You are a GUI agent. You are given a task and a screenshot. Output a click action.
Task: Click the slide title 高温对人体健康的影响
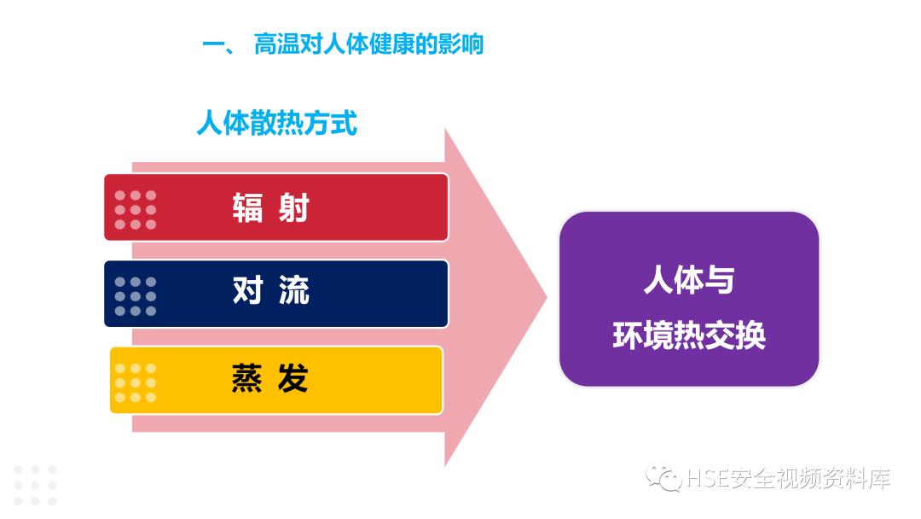coord(368,44)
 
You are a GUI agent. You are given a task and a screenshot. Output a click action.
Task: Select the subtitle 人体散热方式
coord(276,123)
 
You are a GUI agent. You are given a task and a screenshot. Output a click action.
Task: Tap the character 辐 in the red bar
coord(247,207)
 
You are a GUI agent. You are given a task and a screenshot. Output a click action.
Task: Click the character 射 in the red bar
coord(293,207)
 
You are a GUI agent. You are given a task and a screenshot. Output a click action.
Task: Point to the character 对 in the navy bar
coord(247,292)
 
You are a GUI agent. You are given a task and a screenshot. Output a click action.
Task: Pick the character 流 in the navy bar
coord(293,292)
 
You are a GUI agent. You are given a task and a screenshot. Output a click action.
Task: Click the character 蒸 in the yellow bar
coord(247,378)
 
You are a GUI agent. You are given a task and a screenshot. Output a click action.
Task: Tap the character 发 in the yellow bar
coord(293,378)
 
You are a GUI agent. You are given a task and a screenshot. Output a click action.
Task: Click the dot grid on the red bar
coord(136,209)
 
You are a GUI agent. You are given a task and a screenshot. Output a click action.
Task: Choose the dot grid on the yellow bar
coord(136,382)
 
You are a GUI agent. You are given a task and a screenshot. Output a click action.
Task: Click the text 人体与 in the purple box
coord(688,280)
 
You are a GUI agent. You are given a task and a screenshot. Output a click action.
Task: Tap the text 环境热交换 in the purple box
coord(688,335)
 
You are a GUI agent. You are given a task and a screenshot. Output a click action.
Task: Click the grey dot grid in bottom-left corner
coord(35,485)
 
